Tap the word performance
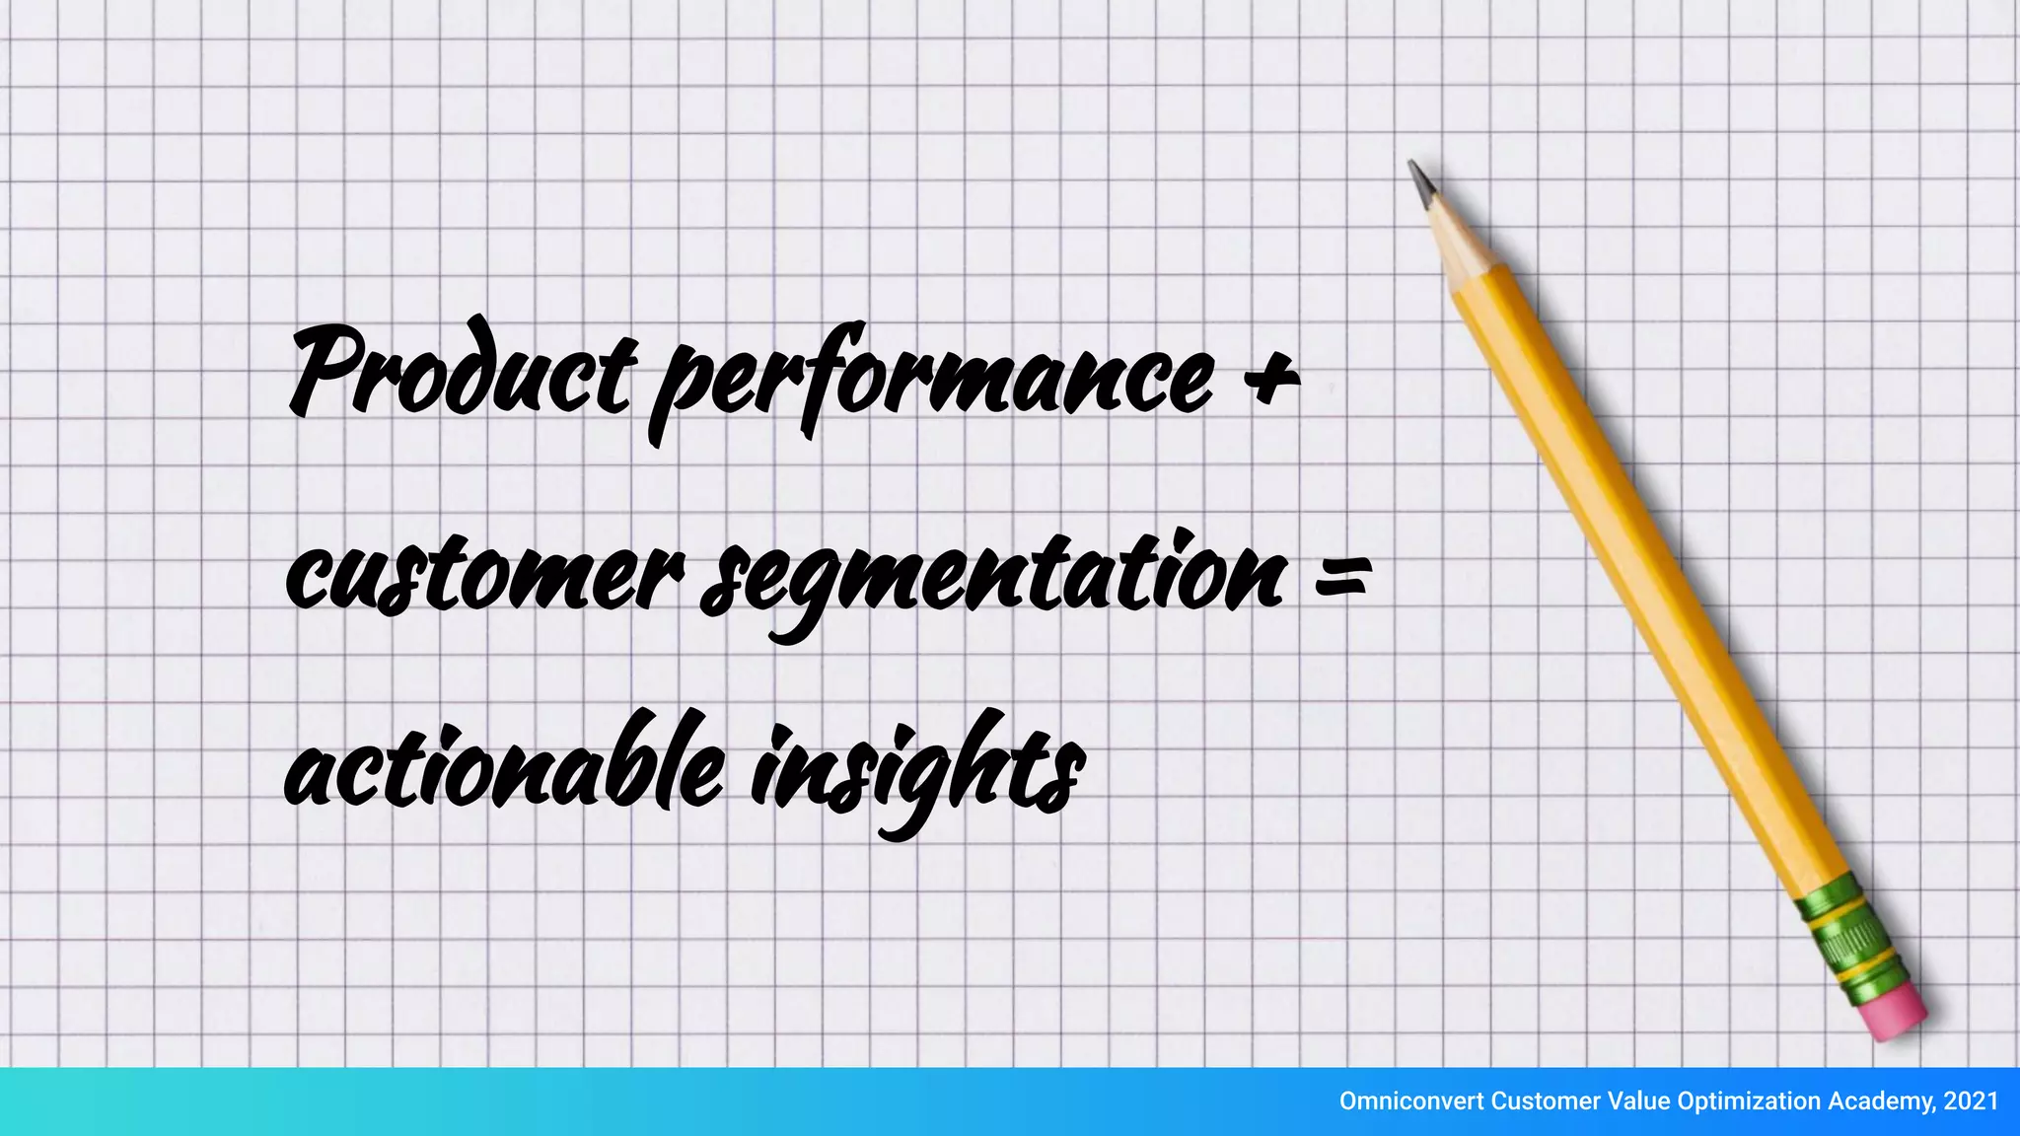tap(932, 380)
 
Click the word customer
tap(483, 577)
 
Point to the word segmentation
tap(991, 577)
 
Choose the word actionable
tap(503, 769)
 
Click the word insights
tap(917, 774)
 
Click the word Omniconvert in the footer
tap(1410, 1101)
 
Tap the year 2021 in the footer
tap(1971, 1101)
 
